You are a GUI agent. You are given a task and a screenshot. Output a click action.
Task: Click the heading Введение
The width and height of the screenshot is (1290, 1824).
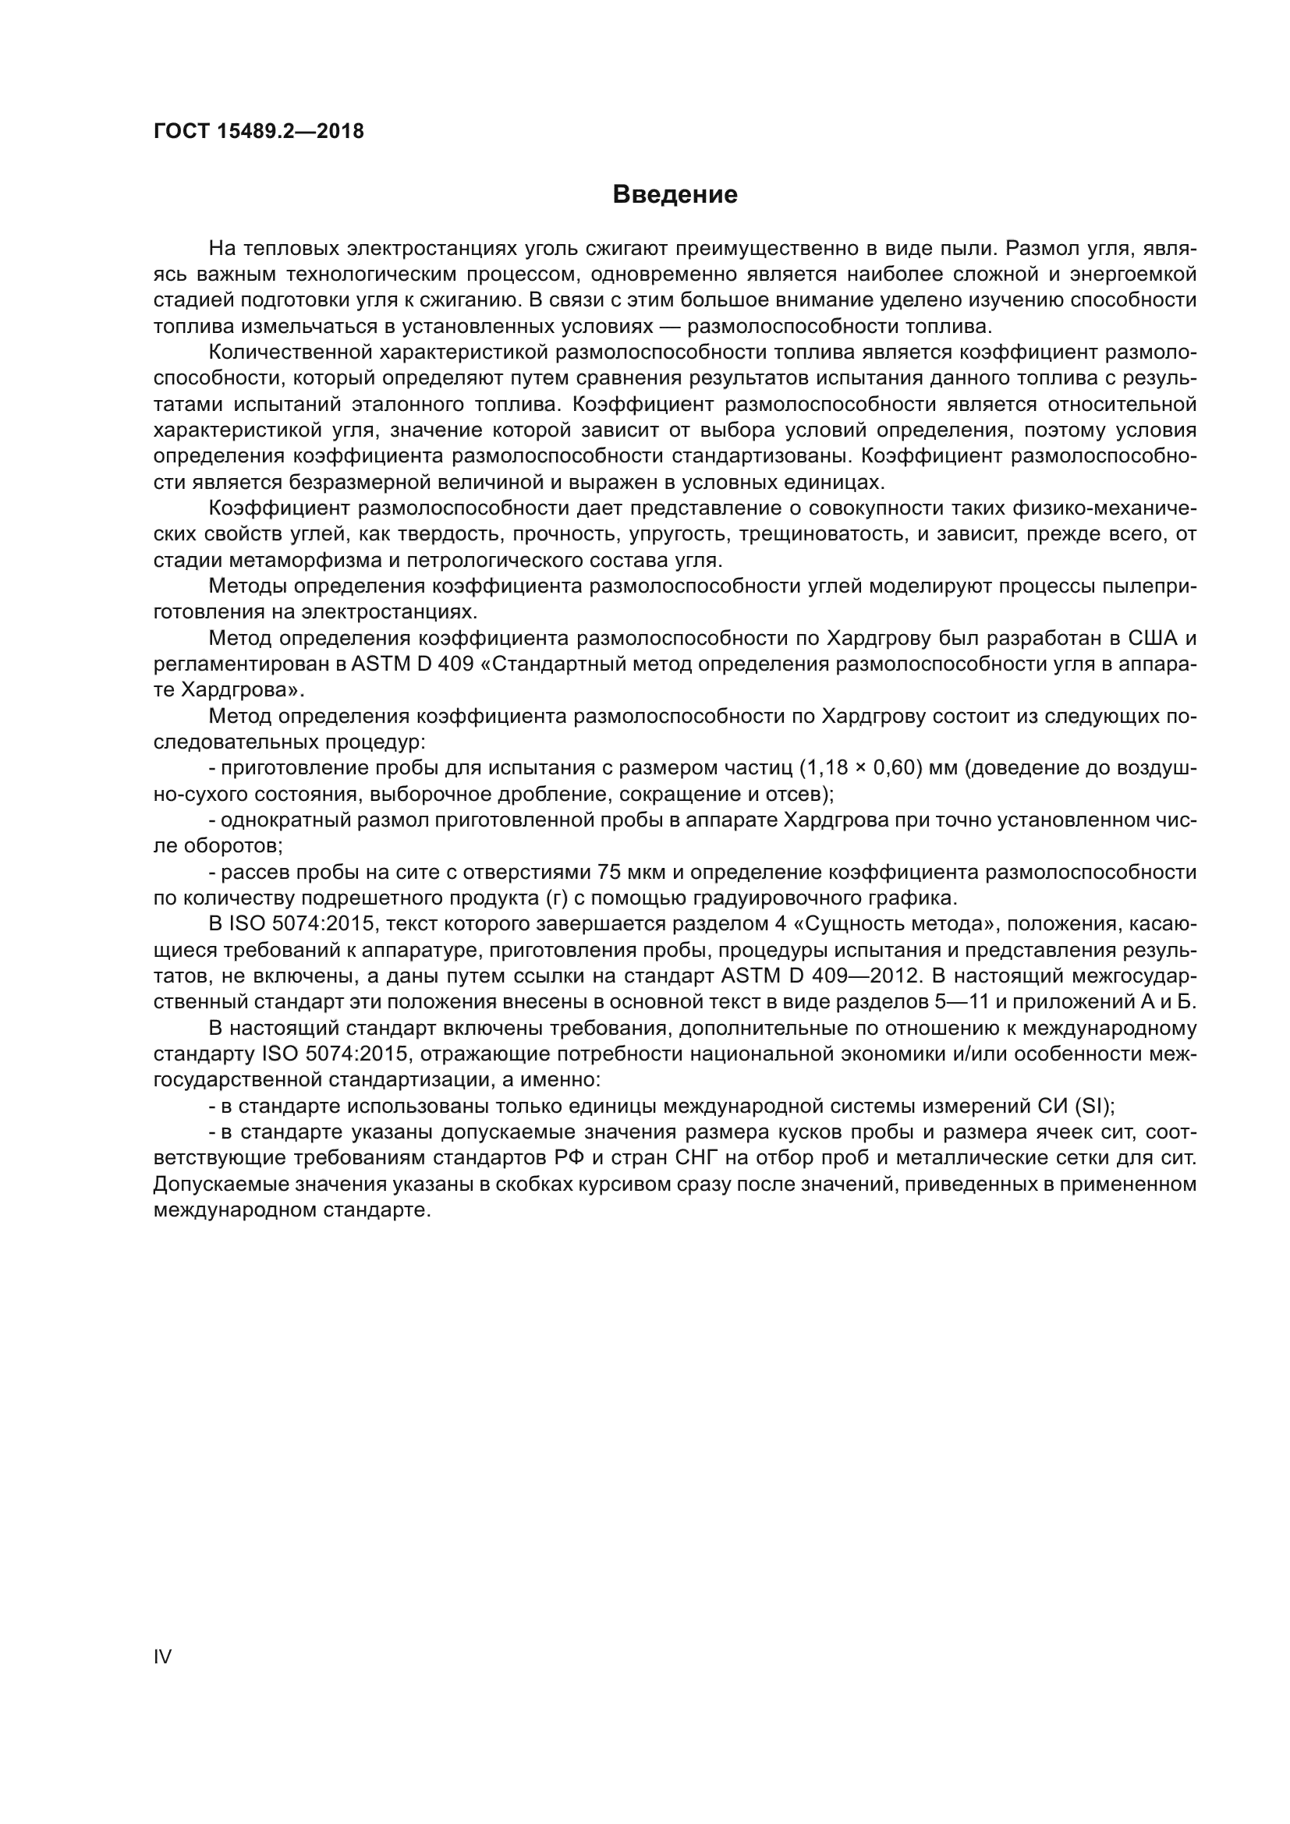[675, 195]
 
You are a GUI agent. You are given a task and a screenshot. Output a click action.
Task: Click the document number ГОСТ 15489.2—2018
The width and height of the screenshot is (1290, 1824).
[258, 131]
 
